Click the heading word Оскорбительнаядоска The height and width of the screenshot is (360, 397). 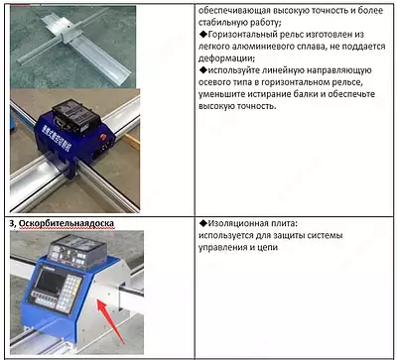(68, 223)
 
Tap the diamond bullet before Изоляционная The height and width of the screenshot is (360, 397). (190, 224)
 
